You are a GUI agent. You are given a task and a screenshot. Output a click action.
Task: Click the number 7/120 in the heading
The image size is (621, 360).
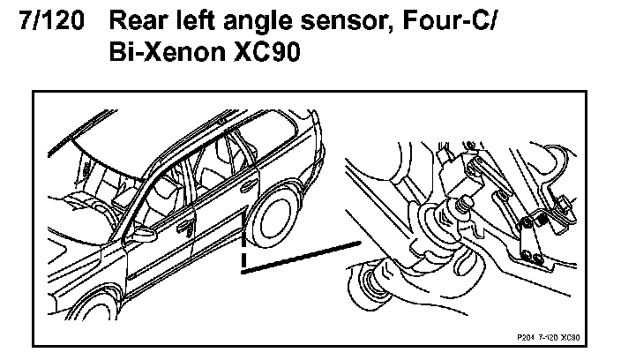(x=51, y=20)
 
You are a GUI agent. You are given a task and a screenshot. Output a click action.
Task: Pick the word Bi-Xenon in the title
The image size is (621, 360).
(x=167, y=51)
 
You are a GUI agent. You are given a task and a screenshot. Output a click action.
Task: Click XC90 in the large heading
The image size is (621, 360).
(x=267, y=51)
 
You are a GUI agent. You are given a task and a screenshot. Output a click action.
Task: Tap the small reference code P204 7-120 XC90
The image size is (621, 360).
(x=548, y=337)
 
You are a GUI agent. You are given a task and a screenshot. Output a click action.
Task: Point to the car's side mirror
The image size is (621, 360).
(x=144, y=235)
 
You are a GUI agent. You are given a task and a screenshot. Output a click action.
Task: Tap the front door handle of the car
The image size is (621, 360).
(x=185, y=228)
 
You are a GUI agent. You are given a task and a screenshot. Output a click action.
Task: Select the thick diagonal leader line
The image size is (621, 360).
(x=301, y=257)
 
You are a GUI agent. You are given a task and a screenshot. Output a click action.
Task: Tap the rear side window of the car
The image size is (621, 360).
(x=270, y=138)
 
